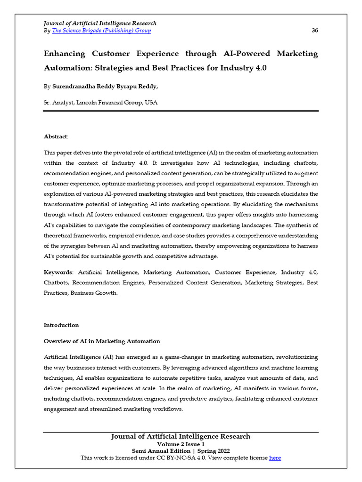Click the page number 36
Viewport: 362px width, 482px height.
coord(315,31)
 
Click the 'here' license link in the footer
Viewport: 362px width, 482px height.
coord(275,458)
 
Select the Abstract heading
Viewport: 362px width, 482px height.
coord(56,137)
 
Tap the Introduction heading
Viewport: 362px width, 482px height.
coord(61,325)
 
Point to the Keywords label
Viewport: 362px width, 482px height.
coord(58,272)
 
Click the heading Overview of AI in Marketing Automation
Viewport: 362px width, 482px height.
coord(102,341)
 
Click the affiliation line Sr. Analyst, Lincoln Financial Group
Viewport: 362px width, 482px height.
coord(100,102)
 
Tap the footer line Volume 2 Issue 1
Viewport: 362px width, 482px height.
coord(181,444)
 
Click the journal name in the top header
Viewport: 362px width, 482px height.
coord(100,23)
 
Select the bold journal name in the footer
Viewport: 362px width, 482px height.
coord(181,436)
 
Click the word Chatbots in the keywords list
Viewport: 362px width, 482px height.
coord(57,282)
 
